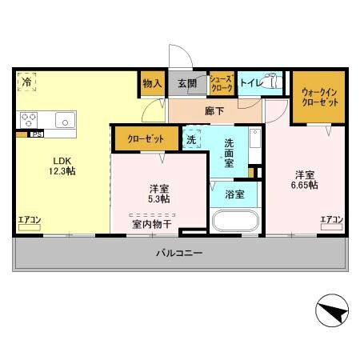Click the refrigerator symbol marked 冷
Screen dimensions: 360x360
coord(27,81)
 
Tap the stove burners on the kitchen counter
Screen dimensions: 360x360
coord(29,120)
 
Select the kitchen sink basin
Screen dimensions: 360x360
coord(63,120)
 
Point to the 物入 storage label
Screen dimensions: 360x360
coord(152,83)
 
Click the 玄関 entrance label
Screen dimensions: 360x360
coord(186,83)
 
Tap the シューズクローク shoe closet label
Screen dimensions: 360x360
coord(221,83)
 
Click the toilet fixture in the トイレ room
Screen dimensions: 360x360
coord(274,82)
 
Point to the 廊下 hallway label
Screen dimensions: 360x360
coord(214,111)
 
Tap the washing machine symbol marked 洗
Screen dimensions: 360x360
coord(191,138)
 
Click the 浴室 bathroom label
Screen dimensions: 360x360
coord(234,194)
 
